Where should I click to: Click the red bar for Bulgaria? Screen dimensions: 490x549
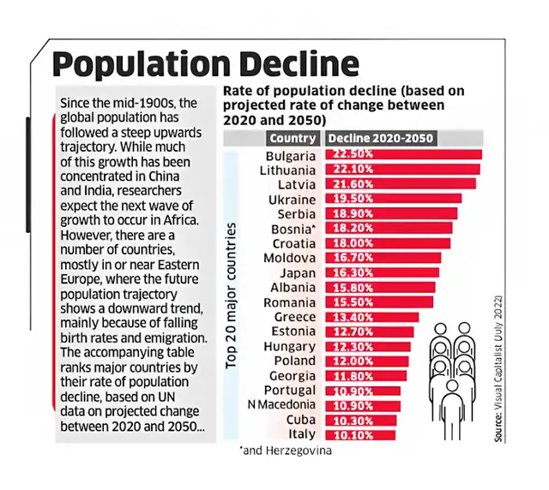[403, 155]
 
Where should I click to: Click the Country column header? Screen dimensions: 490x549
[293, 138]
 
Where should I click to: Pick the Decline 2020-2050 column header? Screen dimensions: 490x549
[381, 138]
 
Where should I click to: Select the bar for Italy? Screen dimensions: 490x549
[360, 434]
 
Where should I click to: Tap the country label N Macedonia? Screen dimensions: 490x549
[281, 404]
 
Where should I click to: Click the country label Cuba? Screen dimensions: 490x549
[301, 420]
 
